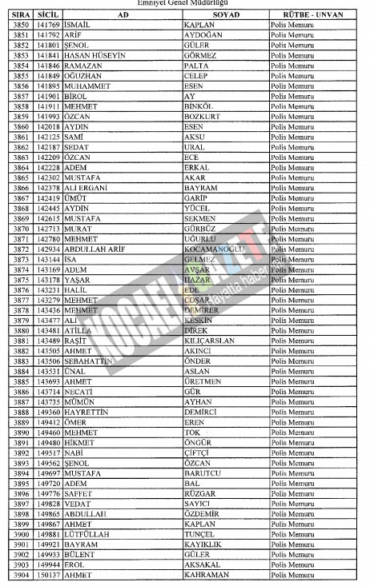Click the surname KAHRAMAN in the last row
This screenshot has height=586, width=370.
click(206, 575)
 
